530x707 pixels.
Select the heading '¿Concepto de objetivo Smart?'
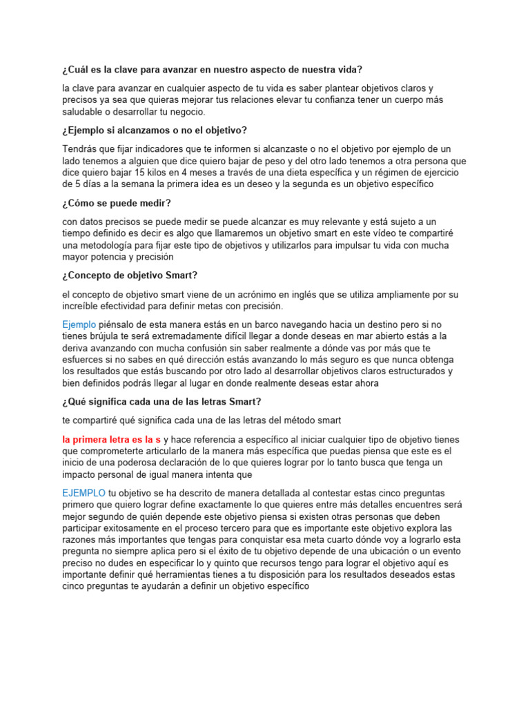[130, 275]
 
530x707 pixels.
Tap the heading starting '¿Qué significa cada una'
[161, 402]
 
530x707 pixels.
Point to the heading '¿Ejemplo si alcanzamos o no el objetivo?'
[155, 130]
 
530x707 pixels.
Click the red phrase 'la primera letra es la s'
[111, 439]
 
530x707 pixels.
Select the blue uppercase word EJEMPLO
[84, 492]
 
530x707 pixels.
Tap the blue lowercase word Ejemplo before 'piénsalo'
[79, 324]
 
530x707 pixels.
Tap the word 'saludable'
[84, 112]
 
